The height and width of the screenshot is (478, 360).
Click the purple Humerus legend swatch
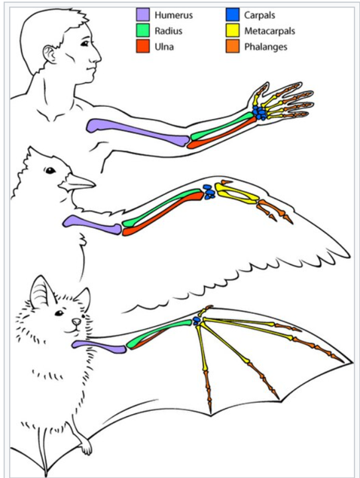[x=143, y=14]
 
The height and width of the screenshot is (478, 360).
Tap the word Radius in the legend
[x=169, y=31]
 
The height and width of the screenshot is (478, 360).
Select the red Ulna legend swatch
[x=143, y=47]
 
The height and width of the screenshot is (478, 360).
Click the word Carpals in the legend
[x=259, y=15]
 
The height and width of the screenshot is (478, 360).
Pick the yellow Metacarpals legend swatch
[x=233, y=30]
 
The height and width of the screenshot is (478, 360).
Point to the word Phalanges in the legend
[x=266, y=47]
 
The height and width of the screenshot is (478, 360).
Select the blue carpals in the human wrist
[x=260, y=112]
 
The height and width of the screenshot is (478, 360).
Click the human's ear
[x=50, y=54]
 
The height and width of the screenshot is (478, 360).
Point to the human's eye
[x=84, y=44]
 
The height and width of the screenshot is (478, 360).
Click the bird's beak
[x=77, y=183]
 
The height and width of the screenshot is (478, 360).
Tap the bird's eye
[x=50, y=170]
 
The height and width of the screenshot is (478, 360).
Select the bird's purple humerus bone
[x=93, y=225]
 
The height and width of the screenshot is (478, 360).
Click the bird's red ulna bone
[x=163, y=214]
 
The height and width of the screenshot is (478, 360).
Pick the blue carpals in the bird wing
[x=209, y=192]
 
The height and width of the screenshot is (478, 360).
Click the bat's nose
[x=76, y=321]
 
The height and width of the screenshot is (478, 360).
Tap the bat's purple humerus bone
[x=99, y=347]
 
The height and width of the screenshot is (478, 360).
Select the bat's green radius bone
[x=159, y=334]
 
